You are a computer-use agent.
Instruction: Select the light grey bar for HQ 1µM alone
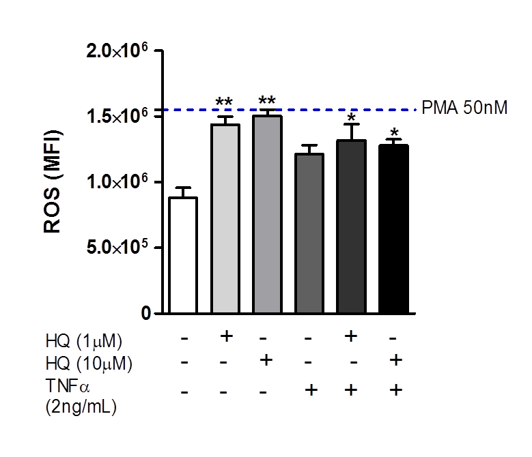tap(225, 218)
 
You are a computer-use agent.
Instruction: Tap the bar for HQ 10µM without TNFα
tap(267, 214)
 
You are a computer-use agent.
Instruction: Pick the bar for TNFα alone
tap(309, 233)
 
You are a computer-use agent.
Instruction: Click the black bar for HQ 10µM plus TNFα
tap(393, 228)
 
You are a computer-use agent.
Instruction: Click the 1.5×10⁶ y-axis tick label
tap(117, 117)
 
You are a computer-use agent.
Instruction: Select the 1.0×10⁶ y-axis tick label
tap(117, 183)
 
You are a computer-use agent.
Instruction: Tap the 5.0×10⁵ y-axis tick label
tap(117, 248)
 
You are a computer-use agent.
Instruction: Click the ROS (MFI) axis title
tap(53, 182)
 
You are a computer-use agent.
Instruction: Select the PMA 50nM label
tap(464, 108)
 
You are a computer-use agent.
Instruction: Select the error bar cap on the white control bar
tap(183, 188)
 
